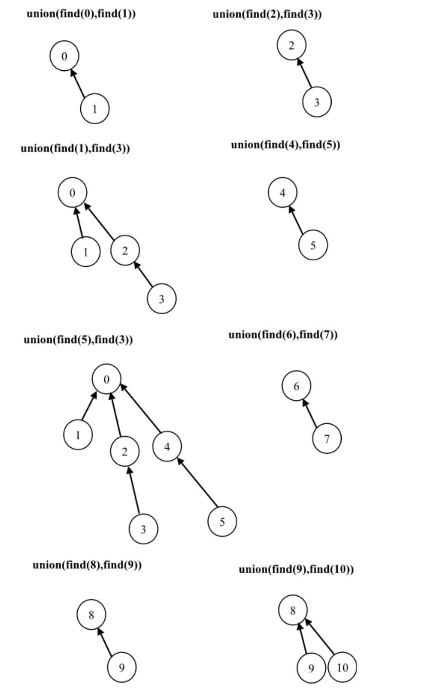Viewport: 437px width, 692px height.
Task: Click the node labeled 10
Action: click(x=342, y=668)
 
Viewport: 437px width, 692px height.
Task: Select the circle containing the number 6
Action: click(x=296, y=386)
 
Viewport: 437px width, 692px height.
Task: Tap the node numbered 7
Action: click(x=327, y=439)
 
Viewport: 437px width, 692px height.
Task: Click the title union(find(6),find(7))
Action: click(x=283, y=335)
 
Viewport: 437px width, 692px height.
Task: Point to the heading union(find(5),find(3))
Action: click(x=78, y=340)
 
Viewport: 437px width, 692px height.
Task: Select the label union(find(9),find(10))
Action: click(x=296, y=570)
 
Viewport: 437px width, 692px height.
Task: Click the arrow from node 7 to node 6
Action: click(x=311, y=413)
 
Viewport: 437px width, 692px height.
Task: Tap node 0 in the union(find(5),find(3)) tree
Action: click(x=106, y=380)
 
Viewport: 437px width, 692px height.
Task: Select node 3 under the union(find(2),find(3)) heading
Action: click(x=317, y=103)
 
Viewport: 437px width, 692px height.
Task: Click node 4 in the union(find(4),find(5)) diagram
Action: click(x=283, y=193)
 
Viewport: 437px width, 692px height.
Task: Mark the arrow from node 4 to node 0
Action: click(x=142, y=409)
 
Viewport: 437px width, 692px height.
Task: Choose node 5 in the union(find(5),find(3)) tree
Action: click(x=222, y=522)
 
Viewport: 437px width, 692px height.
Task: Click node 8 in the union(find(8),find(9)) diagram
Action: click(x=91, y=615)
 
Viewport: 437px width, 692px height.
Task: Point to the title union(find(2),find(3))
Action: click(x=267, y=14)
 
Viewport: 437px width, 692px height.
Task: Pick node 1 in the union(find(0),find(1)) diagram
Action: click(x=95, y=108)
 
